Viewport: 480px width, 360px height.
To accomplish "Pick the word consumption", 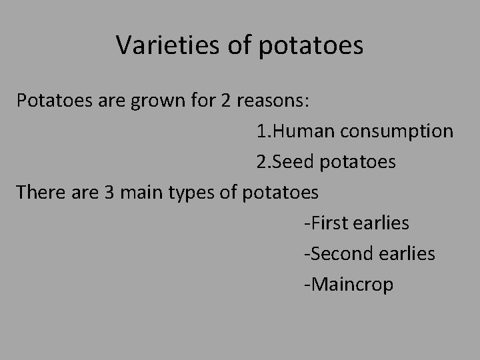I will coord(397,131).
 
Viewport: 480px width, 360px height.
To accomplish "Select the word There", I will coord(39,192).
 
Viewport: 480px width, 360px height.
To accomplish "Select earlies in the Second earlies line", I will coord(408,253).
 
